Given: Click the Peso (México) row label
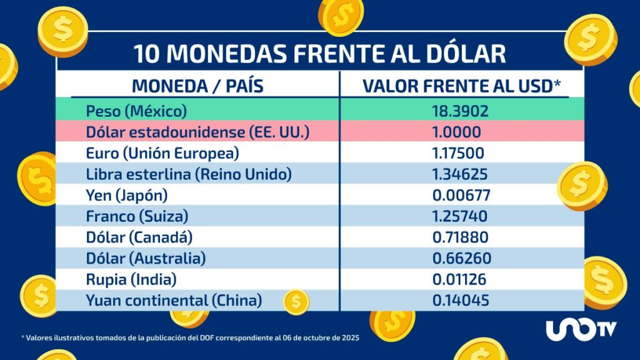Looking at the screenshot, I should (136, 111).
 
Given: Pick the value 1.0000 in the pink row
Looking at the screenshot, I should (456, 132).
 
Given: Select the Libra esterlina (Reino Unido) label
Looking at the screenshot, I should (189, 174).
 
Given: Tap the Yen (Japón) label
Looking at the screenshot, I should (127, 196).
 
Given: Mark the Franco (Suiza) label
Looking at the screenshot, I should (137, 216).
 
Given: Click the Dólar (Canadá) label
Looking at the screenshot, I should (139, 237).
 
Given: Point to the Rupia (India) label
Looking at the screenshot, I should (131, 279).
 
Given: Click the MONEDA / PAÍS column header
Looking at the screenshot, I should (197, 86).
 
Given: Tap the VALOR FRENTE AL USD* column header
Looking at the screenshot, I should (461, 86).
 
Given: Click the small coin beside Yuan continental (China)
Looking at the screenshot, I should (296, 302).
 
